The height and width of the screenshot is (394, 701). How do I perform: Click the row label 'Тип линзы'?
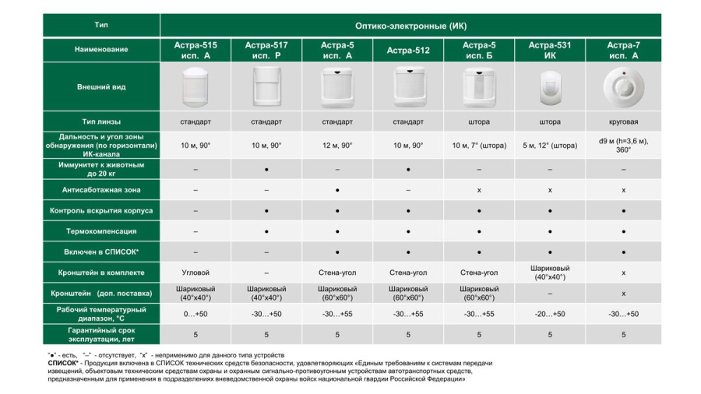101,121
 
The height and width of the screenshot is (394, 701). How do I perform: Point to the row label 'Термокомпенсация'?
101,231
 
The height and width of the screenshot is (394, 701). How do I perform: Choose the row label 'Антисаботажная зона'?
101,189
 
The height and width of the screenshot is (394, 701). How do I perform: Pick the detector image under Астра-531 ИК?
550,87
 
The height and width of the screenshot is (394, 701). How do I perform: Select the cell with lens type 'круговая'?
624,121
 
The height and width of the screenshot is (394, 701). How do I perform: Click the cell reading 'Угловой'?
195,273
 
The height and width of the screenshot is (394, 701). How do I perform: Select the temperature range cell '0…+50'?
195,313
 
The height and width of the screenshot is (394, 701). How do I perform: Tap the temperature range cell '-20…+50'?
550,313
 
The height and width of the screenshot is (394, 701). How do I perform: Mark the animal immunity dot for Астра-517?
266,168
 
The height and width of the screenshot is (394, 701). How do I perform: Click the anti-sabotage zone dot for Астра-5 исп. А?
337,189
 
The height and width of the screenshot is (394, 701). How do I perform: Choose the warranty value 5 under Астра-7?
624,334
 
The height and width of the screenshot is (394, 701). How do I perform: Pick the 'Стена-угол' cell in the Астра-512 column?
408,273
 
